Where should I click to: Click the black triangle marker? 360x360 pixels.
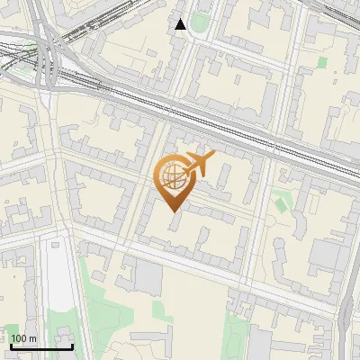181,24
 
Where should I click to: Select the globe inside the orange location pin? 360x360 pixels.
171,176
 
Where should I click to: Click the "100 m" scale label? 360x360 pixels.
24,338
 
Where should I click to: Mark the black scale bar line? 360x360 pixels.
41,346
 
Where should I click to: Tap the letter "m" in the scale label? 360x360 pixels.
33,338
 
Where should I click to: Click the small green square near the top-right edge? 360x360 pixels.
322,62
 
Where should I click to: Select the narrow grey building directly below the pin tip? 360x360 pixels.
174,235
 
